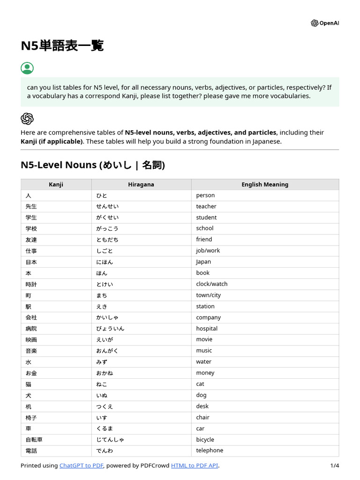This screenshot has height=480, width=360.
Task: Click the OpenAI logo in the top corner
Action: [324, 23]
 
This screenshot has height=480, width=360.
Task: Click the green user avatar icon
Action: [27, 68]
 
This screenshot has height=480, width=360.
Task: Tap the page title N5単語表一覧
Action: [62, 46]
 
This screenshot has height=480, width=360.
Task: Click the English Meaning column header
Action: [265, 185]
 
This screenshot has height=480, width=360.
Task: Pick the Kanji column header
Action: [56, 185]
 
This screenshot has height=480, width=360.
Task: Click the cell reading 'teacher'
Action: [206, 206]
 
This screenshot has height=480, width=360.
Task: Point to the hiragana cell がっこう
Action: [107, 229]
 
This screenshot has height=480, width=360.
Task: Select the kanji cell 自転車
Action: [34, 440]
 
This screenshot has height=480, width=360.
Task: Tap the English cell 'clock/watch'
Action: [211, 284]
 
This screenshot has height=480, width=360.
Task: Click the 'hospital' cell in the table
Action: [207, 329]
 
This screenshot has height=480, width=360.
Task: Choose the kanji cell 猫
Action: [29, 384]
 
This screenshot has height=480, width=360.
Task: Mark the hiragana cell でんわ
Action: [105, 451]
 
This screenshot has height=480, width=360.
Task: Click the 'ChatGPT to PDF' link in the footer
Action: [81, 465]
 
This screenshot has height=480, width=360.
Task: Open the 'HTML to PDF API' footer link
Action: [195, 465]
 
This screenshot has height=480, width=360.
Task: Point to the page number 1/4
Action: [334, 465]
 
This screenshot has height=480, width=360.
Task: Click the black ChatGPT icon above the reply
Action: [27, 119]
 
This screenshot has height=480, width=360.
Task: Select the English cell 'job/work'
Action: [208, 251]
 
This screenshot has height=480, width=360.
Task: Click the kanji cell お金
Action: [31, 373]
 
